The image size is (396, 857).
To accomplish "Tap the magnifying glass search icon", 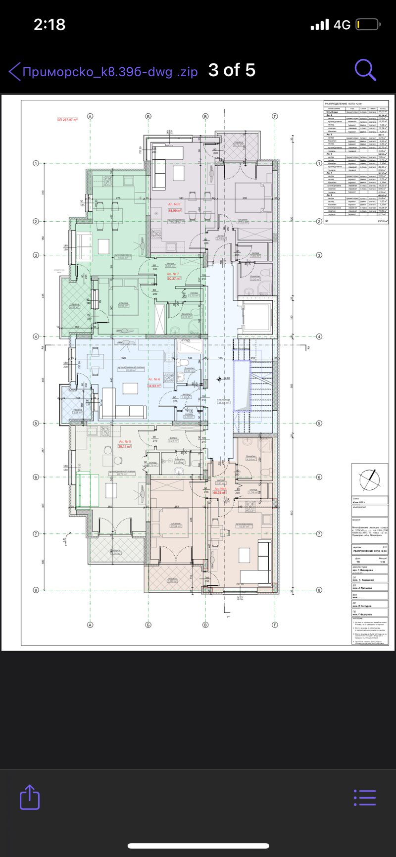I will pyautogui.click(x=365, y=70).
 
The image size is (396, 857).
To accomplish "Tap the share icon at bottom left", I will pyautogui.click(x=30, y=797).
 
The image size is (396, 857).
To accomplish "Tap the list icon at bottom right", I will pyautogui.click(x=365, y=798).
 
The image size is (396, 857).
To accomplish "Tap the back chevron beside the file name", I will pyautogui.click(x=14, y=71).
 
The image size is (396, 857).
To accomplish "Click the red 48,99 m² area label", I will pyautogui.click(x=175, y=210).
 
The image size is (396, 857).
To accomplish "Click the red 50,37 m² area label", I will pyautogui.click(x=173, y=279).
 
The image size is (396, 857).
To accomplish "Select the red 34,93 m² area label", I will pyautogui.click(x=154, y=386).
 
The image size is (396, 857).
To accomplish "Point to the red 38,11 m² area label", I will pyautogui.click(x=124, y=446).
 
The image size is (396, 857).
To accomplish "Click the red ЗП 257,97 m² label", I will pyautogui.click(x=68, y=120).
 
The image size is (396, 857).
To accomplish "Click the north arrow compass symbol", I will pyautogui.click(x=369, y=478).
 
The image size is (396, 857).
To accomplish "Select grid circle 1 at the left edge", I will pyautogui.click(x=36, y=163).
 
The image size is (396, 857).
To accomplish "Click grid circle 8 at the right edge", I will pyautogui.click(x=319, y=590).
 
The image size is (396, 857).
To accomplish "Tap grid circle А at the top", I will pyautogui.click(x=90, y=116).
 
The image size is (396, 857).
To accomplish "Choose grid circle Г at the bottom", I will pyautogui.click(x=275, y=625).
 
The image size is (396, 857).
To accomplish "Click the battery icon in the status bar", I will pyautogui.click(x=367, y=24).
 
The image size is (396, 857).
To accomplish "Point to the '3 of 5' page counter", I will pyautogui.click(x=232, y=70).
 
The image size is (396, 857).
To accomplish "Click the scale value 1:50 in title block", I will pyautogui.click(x=382, y=562).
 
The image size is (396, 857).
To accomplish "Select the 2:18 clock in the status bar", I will pyautogui.click(x=49, y=24).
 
